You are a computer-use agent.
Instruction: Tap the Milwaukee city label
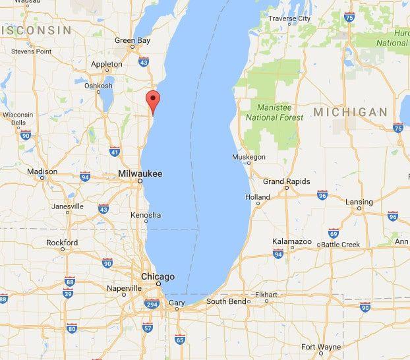pyautogui.click(x=140, y=173)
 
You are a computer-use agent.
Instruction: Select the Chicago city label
pyautogui.click(x=158, y=276)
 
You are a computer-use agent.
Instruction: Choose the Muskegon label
pyautogui.click(x=249, y=157)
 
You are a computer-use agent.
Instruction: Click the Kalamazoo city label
pyautogui.click(x=292, y=242)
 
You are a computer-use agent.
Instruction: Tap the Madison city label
pyautogui.click(x=42, y=171)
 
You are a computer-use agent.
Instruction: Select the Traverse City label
pyautogui.click(x=289, y=18)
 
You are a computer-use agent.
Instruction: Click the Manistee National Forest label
pyautogui.click(x=274, y=113)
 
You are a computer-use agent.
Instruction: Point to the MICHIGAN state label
pyautogui.click(x=349, y=113)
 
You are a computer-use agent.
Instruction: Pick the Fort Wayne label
pyautogui.click(x=321, y=347)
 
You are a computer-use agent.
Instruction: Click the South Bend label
pyautogui.click(x=227, y=301)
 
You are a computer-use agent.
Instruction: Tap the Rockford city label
pyautogui.click(x=62, y=243)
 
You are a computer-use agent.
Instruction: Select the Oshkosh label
pyautogui.click(x=99, y=86)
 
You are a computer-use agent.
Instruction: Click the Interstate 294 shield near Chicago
pyautogui.click(x=152, y=305)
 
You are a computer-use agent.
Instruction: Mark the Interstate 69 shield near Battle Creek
pyautogui.click(x=333, y=233)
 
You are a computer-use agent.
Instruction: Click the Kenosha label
pyautogui.click(x=145, y=215)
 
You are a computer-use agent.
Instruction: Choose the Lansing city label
pyautogui.click(x=359, y=202)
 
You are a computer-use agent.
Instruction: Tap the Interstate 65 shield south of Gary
pyautogui.click(x=179, y=340)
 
